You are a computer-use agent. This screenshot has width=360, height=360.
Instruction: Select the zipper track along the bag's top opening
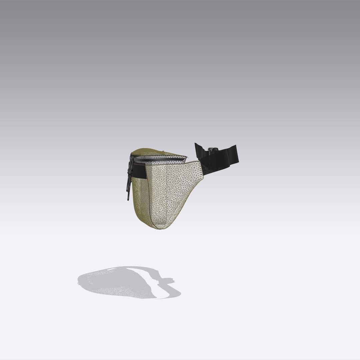click(x=160, y=158)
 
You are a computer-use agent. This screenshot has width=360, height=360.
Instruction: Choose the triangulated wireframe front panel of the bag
click(x=173, y=190)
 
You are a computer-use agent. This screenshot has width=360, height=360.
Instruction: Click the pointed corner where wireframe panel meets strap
click(x=200, y=161)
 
